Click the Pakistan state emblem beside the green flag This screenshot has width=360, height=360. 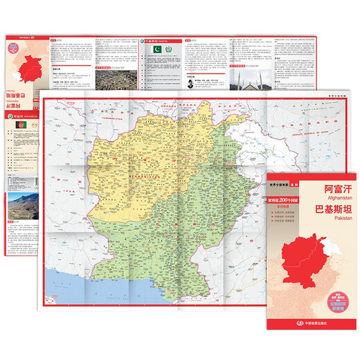[x=168, y=53]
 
